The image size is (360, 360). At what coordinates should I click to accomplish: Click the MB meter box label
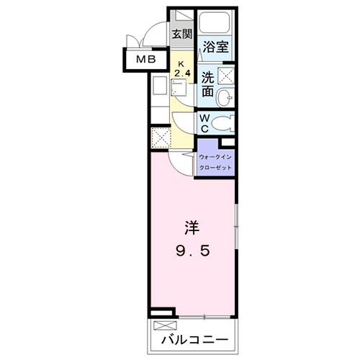pyautogui.click(x=147, y=61)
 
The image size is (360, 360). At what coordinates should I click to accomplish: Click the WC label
pyautogui.click(x=204, y=122)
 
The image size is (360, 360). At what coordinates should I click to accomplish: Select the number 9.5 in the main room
pyautogui.click(x=192, y=253)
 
